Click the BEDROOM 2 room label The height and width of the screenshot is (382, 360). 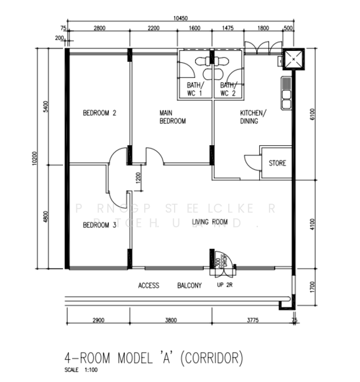pyautogui.click(x=99, y=114)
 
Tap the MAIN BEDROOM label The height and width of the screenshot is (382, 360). pyautogui.click(x=172, y=117)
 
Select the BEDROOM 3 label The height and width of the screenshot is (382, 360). pyautogui.click(x=99, y=224)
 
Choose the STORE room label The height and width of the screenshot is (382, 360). pyautogui.click(x=277, y=164)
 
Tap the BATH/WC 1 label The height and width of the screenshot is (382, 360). pyautogui.click(x=194, y=89)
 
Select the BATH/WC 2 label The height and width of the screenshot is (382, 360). pyautogui.click(x=227, y=89)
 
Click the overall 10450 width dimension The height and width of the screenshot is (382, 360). pyautogui.click(x=182, y=18)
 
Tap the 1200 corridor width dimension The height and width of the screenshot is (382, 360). pyautogui.click(x=138, y=178)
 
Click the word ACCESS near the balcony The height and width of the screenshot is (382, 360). pyautogui.click(x=148, y=286)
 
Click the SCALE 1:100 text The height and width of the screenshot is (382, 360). pyautogui.click(x=81, y=370)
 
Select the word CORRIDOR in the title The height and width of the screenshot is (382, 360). pyautogui.click(x=212, y=358)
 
